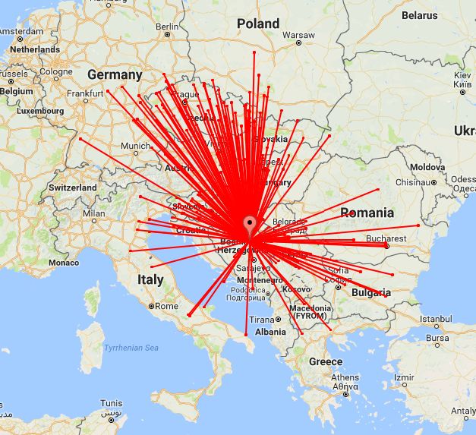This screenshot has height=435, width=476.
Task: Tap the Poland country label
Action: [x=258, y=24]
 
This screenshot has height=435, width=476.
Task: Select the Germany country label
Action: [x=115, y=75]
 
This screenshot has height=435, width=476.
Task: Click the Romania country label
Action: [x=367, y=213]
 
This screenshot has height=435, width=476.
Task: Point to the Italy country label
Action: [x=150, y=279]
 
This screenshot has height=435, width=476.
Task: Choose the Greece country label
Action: [x=326, y=361]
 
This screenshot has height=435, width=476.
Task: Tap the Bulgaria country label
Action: [x=371, y=292]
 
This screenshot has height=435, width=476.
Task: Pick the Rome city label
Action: [x=166, y=306]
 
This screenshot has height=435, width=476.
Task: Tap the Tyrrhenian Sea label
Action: [x=131, y=348]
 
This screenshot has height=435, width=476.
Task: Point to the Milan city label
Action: [x=94, y=213]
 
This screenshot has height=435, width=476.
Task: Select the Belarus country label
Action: [x=419, y=14]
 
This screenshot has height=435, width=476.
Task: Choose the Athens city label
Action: [x=345, y=377]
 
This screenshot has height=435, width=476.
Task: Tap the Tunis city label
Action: [x=112, y=402]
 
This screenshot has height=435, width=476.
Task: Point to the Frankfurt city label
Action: [x=85, y=93]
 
